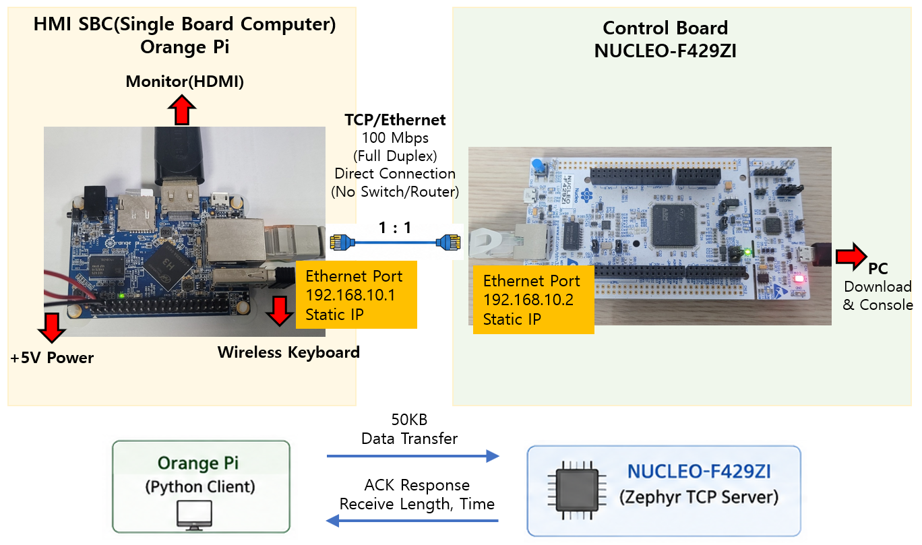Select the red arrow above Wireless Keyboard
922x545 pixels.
tap(280, 311)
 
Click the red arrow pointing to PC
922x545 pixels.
tap(852, 257)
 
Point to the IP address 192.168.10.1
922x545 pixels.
tap(350, 295)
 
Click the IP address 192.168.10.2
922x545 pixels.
tap(528, 300)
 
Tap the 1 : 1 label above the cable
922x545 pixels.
tap(395, 228)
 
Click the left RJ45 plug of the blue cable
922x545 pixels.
tap(342, 243)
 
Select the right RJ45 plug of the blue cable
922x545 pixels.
tap(448, 243)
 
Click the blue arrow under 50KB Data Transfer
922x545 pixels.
tap(413, 456)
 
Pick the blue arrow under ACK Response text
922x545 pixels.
tap(412, 521)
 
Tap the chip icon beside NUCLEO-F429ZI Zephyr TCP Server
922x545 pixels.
tap(577, 490)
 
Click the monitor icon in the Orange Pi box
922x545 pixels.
tap(194, 515)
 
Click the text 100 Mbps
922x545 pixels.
tap(395, 138)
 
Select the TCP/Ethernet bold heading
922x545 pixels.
tap(395, 120)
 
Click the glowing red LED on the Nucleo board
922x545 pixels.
tap(799, 279)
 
